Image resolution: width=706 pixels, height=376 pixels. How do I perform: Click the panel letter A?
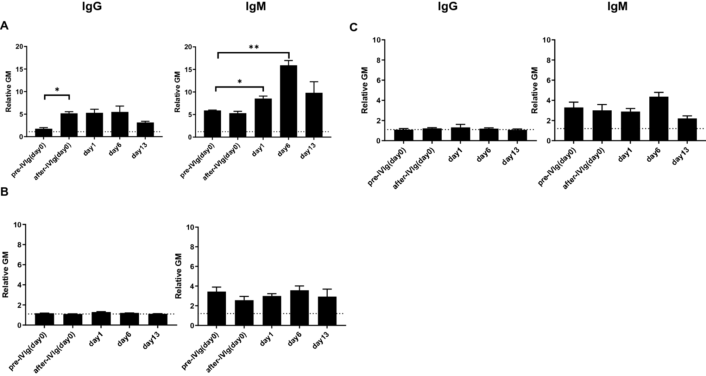(4, 26)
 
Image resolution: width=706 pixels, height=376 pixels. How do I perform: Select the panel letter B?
(4, 192)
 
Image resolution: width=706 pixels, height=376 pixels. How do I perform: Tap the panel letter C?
(354, 27)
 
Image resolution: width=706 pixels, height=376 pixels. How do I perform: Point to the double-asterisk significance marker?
(254, 47)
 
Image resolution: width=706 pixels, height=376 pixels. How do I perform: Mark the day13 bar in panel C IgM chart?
(677, 130)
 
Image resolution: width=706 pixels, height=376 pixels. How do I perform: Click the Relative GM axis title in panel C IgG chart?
(365, 90)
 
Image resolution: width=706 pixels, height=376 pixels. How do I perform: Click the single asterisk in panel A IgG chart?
(57, 90)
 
